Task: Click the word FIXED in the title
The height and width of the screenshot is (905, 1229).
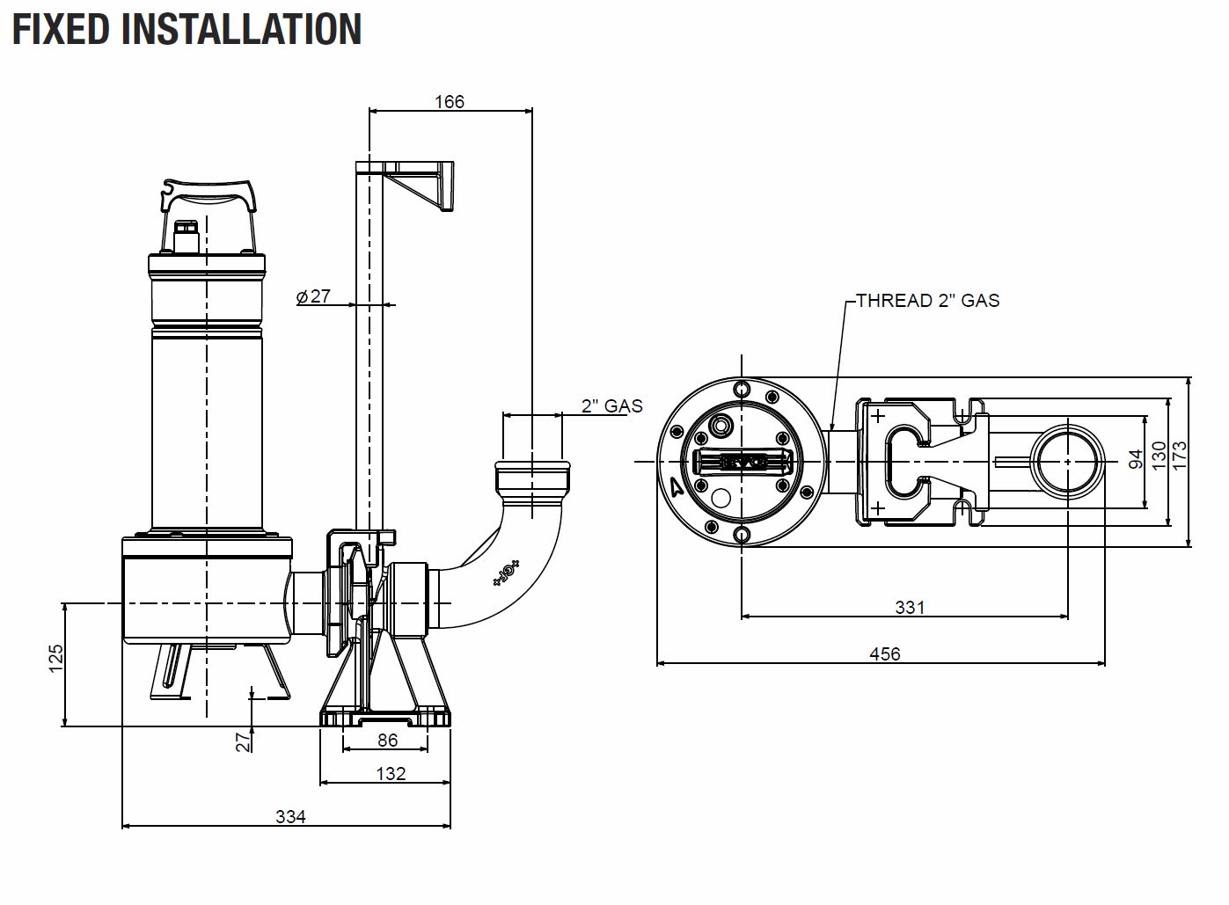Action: coord(61,30)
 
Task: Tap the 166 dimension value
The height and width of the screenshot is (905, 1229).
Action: coord(450,101)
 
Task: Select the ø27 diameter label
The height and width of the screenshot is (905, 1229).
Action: coord(313,296)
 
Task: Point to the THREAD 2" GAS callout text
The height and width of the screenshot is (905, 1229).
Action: coord(928,301)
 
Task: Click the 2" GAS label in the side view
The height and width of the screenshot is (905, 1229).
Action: coord(611,405)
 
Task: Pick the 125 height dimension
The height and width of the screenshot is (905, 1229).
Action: coord(56,658)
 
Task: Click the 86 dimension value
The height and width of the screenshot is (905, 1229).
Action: coord(387,741)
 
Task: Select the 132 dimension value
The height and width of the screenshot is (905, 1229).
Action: coord(391,774)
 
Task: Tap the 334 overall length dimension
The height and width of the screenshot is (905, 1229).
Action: coord(290,817)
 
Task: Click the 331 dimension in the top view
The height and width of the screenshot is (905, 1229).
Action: coord(910,607)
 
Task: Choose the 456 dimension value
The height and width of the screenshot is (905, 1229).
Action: coord(885,653)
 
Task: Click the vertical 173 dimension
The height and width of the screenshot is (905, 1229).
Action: coord(1179,455)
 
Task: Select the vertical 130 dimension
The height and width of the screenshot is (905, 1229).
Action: coord(1158,455)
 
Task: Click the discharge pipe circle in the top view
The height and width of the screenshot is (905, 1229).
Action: coord(1067,462)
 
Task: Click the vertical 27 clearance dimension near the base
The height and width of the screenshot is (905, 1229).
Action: coord(243,742)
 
